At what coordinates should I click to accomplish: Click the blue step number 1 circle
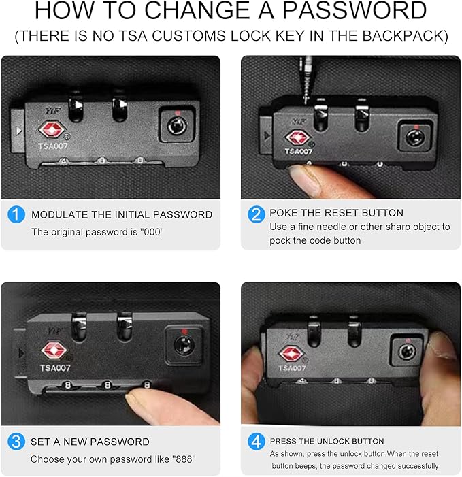pyautogui.click(x=16, y=214)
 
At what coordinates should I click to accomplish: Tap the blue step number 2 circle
pyautogui.click(x=257, y=214)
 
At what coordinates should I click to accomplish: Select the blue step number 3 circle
pyautogui.click(x=16, y=442)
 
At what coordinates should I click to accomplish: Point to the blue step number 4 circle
pyautogui.click(x=257, y=442)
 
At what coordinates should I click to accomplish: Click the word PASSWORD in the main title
pyautogui.click(x=354, y=10)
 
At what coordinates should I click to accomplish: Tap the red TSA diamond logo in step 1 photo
pyautogui.click(x=52, y=130)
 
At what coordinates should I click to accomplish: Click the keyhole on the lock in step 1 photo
pyautogui.click(x=178, y=126)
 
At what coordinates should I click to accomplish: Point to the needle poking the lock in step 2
pyautogui.click(x=306, y=80)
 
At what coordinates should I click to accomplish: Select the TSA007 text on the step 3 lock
pyautogui.click(x=55, y=368)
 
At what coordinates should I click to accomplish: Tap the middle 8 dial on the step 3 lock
pyautogui.click(x=107, y=385)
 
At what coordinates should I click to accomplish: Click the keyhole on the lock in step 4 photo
pyautogui.click(x=408, y=352)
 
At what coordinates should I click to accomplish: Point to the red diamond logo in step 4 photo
pyautogui.click(x=291, y=354)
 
